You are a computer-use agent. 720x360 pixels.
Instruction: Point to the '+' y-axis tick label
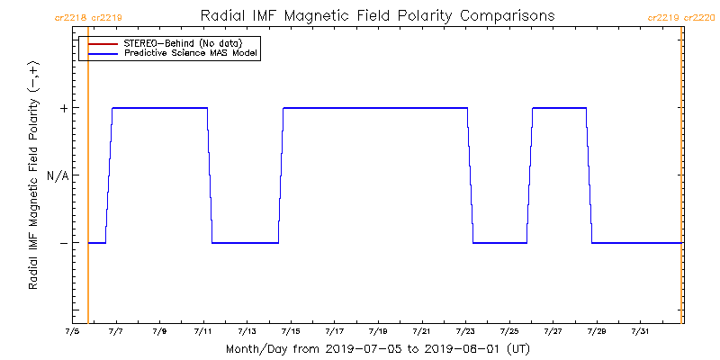tap(64, 108)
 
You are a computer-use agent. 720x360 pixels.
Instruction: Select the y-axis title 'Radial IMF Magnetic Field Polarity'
tap(33, 175)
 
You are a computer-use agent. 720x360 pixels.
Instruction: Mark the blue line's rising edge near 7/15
tap(281, 175)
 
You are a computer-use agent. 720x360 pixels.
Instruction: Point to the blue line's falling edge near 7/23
tap(470, 175)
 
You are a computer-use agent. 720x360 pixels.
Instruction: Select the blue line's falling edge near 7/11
tap(210, 175)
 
